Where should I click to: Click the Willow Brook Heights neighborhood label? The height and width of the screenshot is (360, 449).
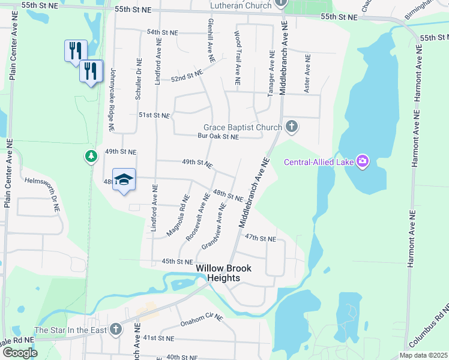[x=223, y=273]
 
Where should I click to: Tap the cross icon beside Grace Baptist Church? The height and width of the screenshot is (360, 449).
[x=291, y=127]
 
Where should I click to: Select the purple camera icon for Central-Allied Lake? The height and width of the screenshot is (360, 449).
[x=362, y=161]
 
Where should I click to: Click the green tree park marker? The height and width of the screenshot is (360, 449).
[x=91, y=157]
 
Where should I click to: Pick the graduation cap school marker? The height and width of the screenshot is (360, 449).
[x=124, y=179]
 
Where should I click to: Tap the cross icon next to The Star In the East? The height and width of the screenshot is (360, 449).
[x=116, y=329]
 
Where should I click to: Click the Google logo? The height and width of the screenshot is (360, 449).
[x=19, y=353]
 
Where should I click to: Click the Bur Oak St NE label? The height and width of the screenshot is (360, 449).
[x=218, y=137]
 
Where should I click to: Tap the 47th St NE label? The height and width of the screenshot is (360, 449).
[x=260, y=238]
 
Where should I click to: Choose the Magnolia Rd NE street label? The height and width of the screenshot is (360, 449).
[x=179, y=215]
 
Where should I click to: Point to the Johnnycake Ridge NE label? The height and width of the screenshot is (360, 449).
[x=111, y=100]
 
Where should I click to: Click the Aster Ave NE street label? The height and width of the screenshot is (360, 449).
[x=307, y=75]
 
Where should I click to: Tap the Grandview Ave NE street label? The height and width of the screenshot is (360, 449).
[x=214, y=226]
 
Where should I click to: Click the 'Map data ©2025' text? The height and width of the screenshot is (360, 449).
[x=424, y=355]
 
